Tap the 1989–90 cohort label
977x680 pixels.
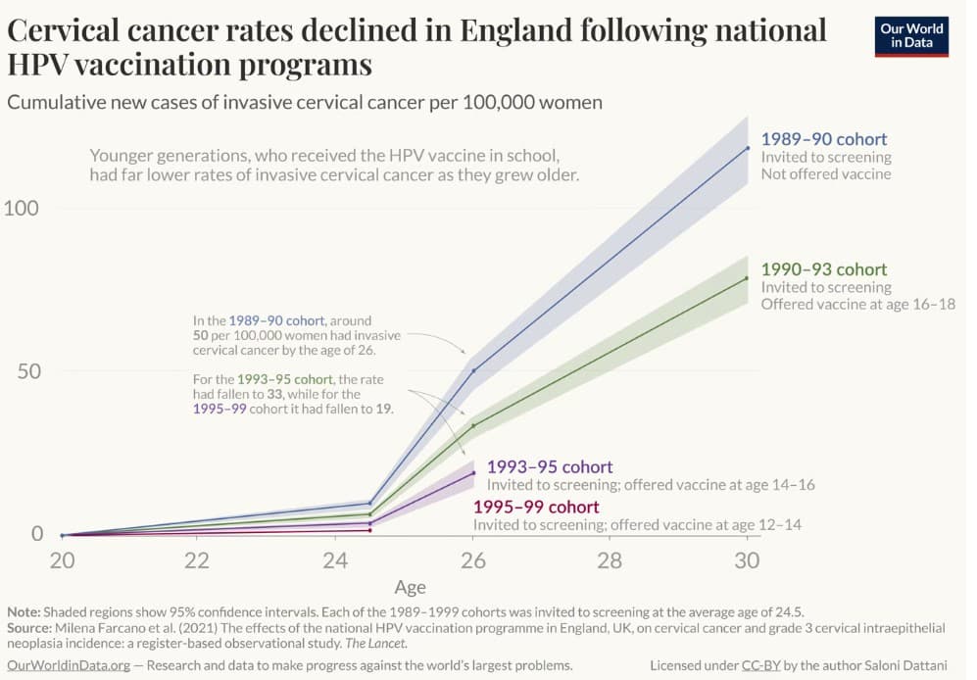(823, 139)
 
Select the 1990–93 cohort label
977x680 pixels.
(823, 269)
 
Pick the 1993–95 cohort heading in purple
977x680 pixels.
(549, 466)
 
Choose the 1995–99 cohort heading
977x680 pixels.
(535, 507)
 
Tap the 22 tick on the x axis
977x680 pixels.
(198, 560)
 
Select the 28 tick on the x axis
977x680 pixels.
(610, 560)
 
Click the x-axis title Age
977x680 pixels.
(410, 588)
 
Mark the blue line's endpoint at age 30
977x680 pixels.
(748, 148)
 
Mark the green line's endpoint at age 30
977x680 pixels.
(748, 278)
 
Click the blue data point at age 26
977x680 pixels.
(473, 370)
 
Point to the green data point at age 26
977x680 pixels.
(473, 425)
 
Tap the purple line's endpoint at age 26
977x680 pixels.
(473, 473)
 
